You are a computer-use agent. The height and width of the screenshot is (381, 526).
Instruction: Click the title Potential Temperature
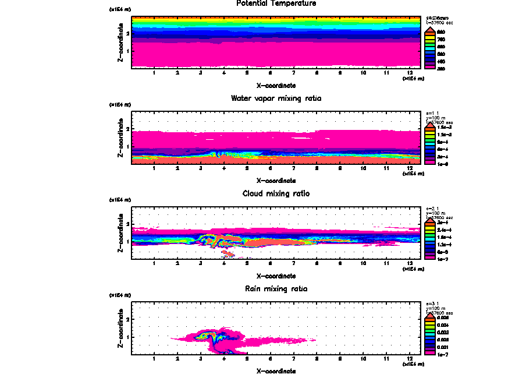[276, 3]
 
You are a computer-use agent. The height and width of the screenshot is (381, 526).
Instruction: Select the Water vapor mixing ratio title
[276, 98]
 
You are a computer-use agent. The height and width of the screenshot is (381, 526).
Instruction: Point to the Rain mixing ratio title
[276, 288]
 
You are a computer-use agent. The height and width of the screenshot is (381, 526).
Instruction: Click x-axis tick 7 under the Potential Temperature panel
[293, 73]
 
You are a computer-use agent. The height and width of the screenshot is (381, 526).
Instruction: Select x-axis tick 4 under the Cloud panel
[223, 263]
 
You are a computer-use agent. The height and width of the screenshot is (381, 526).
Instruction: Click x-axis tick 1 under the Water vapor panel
[154, 168]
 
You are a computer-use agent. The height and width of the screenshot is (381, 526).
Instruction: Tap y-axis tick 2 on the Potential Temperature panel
[127, 33]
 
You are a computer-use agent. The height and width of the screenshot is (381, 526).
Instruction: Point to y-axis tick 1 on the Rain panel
[127, 337]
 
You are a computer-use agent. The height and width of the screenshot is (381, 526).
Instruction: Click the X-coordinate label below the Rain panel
[276, 371]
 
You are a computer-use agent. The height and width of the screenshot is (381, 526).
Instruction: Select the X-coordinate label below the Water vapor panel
[276, 180]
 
